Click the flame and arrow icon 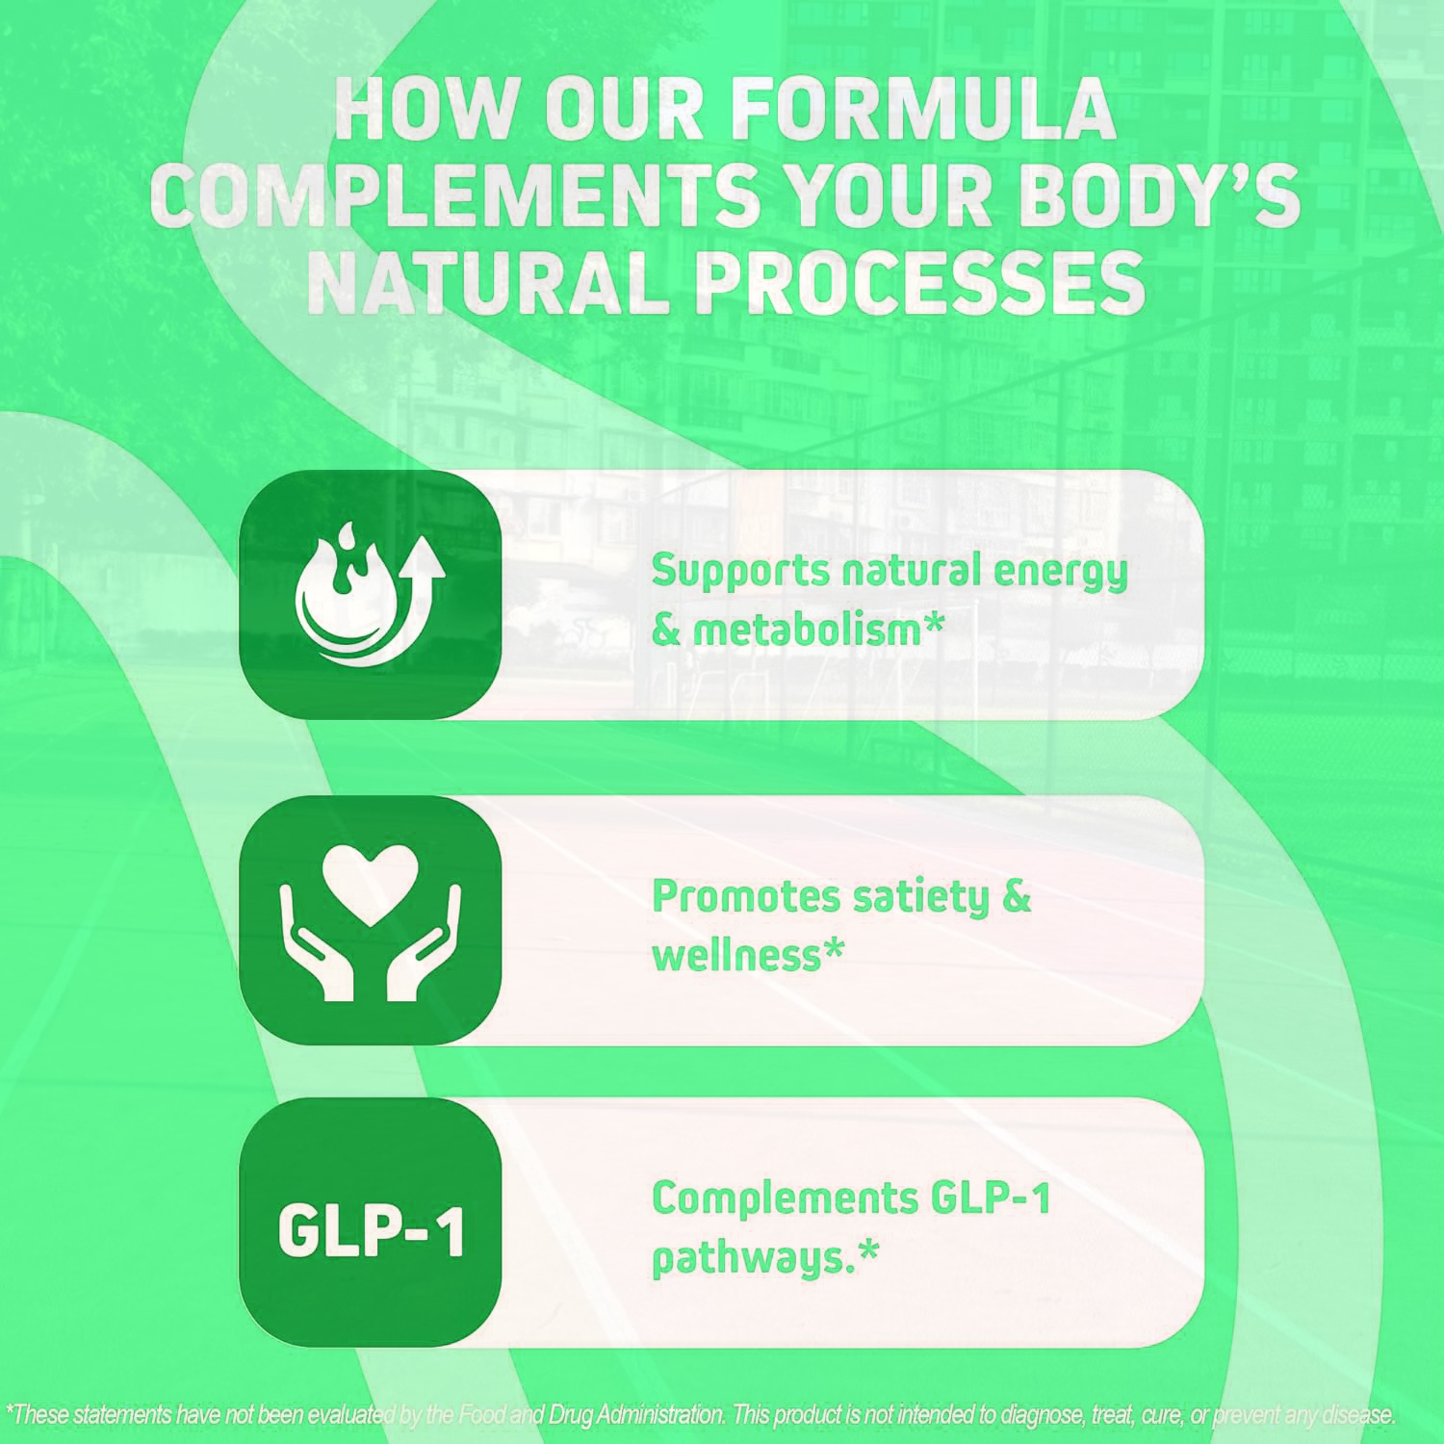pos(370,594)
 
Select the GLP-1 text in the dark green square pos(371,1230)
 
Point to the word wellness pos(736,956)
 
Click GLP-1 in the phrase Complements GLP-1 pos(992,1199)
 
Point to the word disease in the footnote pos(1357,1414)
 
